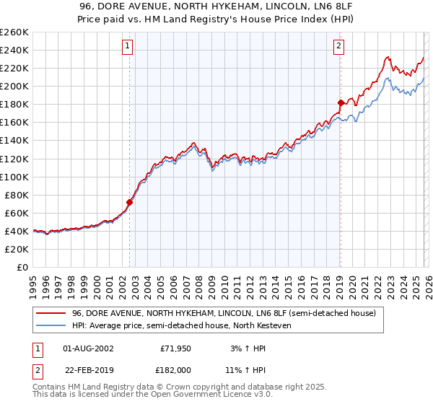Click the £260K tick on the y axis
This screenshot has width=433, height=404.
[14, 32]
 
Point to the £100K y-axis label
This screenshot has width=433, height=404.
[14, 177]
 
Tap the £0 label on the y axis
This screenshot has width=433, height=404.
[21, 267]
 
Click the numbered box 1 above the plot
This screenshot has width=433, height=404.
[127, 47]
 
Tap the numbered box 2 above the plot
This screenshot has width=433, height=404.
[338, 47]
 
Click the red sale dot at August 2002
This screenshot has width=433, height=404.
[130, 202]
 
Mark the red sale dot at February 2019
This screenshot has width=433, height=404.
[340, 102]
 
